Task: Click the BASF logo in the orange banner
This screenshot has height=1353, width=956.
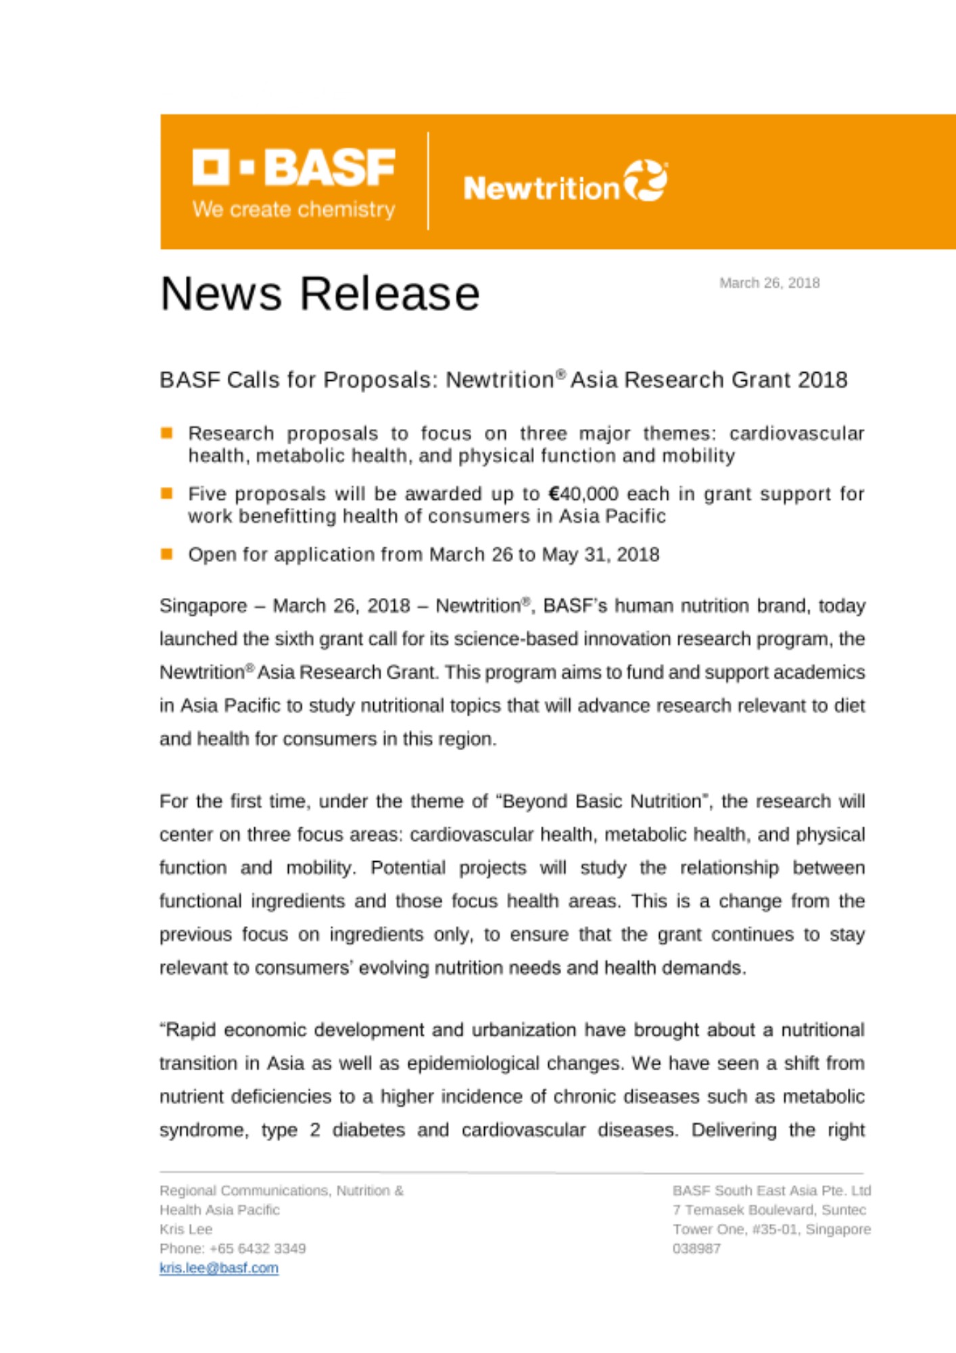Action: click(293, 167)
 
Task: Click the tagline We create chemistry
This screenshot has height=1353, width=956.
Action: click(293, 210)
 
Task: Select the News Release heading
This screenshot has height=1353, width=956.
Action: click(320, 294)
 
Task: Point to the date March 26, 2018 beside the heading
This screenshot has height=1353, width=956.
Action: click(769, 283)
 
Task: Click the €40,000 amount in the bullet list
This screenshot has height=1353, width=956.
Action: click(583, 494)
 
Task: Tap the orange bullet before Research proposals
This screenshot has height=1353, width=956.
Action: click(167, 433)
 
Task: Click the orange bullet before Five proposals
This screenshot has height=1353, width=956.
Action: click(167, 493)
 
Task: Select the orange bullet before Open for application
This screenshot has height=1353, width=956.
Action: click(167, 554)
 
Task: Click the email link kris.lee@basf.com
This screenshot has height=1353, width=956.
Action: click(219, 1268)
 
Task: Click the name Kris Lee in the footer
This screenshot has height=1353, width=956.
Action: click(186, 1229)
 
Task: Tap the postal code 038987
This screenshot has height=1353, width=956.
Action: click(696, 1248)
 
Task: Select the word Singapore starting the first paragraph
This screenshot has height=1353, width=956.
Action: click(203, 605)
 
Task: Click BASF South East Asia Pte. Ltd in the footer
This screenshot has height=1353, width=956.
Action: click(771, 1190)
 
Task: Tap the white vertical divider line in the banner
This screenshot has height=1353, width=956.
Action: click(428, 181)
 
